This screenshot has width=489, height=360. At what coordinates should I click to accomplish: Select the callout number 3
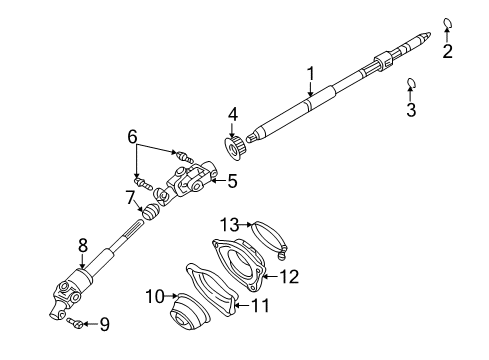[x=410, y=110]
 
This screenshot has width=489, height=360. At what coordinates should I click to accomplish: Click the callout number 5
[x=232, y=181]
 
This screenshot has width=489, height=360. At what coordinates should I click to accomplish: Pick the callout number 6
[x=131, y=137]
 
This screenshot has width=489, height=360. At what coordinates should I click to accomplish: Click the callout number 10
[x=154, y=295]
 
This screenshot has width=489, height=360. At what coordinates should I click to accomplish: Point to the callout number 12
[x=288, y=275]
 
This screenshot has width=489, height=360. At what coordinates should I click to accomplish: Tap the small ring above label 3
[x=411, y=83]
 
